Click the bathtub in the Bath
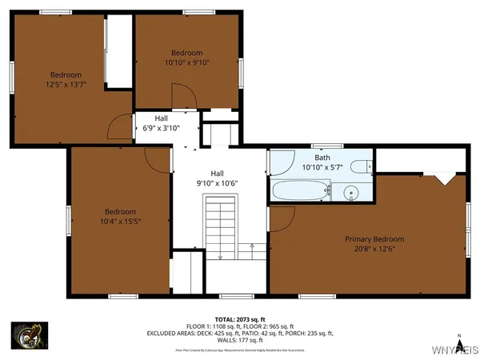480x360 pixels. [301, 191]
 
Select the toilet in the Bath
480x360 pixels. [362, 166]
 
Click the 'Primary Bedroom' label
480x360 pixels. [374, 239]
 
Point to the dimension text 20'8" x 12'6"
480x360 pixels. [374, 249]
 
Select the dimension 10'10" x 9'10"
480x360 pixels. [187, 62]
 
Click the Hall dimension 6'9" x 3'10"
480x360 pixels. [162, 128]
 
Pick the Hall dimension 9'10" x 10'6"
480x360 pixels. [217, 182]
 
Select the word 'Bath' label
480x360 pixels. [322, 158]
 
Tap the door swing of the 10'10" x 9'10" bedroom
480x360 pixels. [182, 101]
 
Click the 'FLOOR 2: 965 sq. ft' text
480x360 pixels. [270, 326]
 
